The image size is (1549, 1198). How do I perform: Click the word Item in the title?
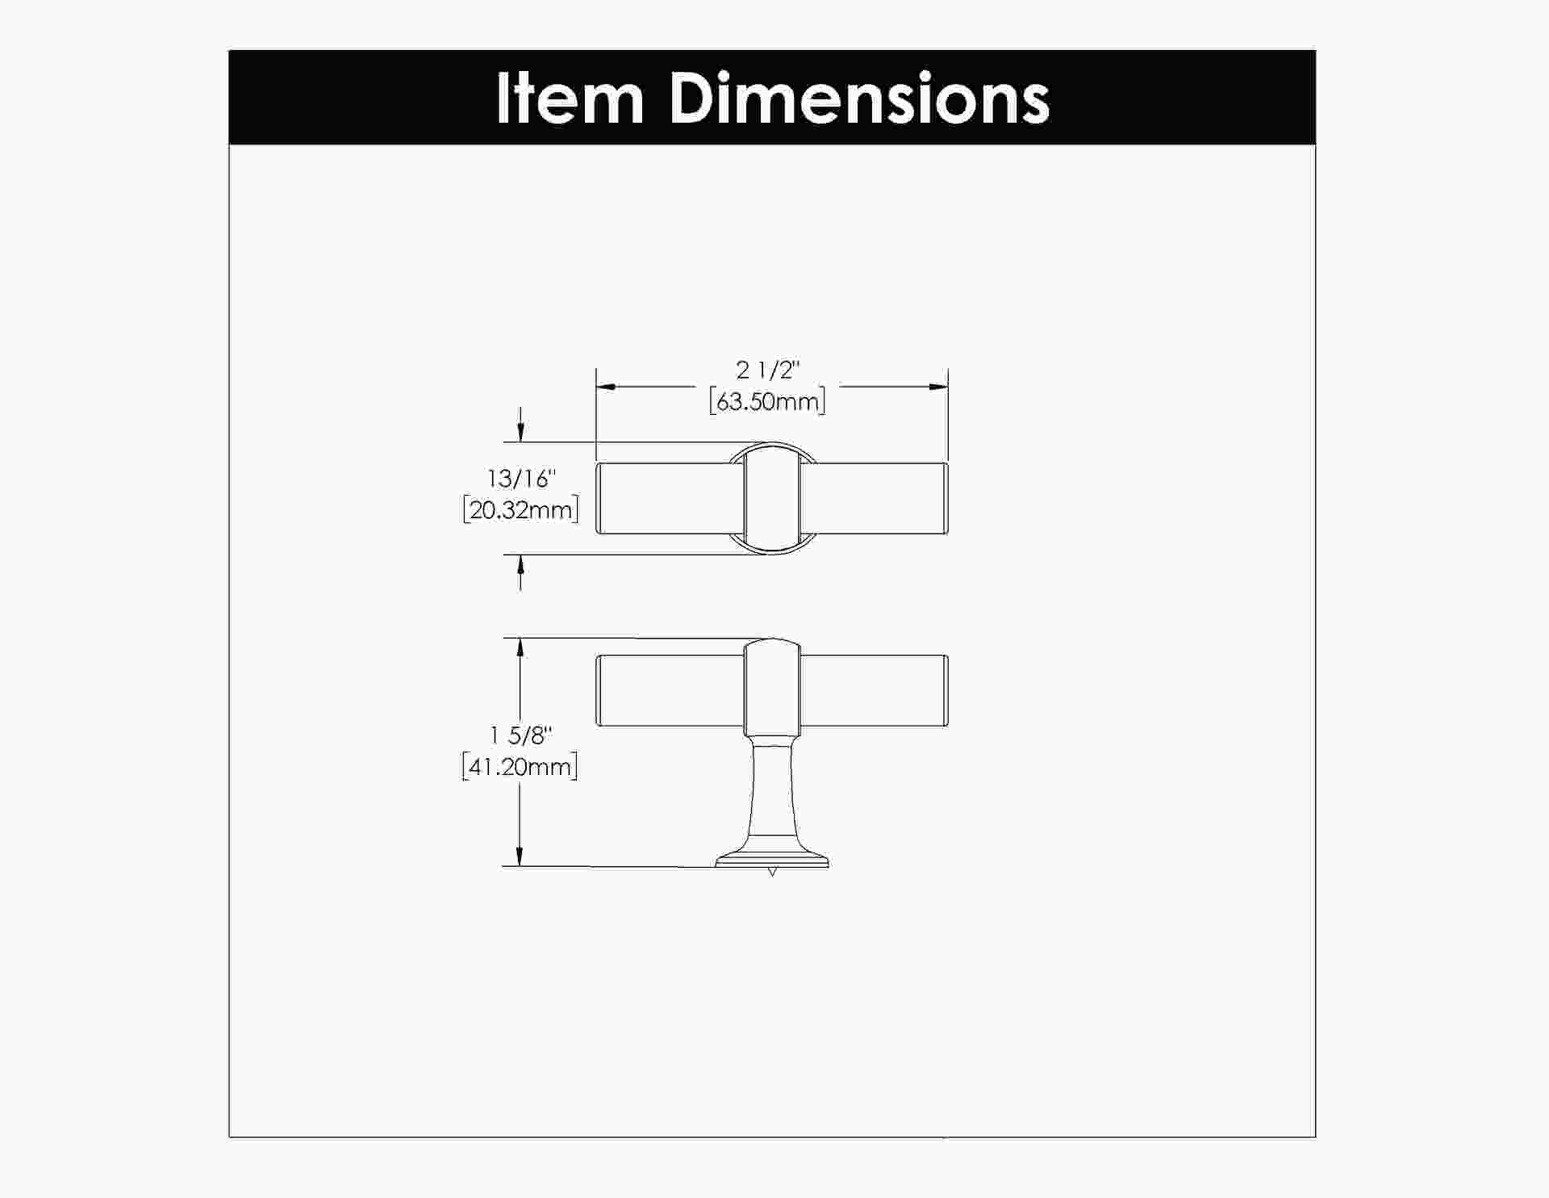click(570, 98)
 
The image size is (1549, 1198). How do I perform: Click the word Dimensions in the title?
click(859, 98)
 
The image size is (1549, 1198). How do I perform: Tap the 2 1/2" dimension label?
click(766, 371)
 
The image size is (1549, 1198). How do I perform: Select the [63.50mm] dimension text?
click(767, 401)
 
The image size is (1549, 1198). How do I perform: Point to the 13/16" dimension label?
click(521, 479)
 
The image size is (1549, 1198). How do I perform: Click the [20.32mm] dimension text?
click(521, 510)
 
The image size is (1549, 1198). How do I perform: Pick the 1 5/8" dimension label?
click(521, 735)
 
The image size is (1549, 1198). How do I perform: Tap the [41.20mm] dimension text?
click(520, 767)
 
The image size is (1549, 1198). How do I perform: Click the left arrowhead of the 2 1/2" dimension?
click(606, 387)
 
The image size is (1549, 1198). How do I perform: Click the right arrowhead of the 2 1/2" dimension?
click(937, 387)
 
